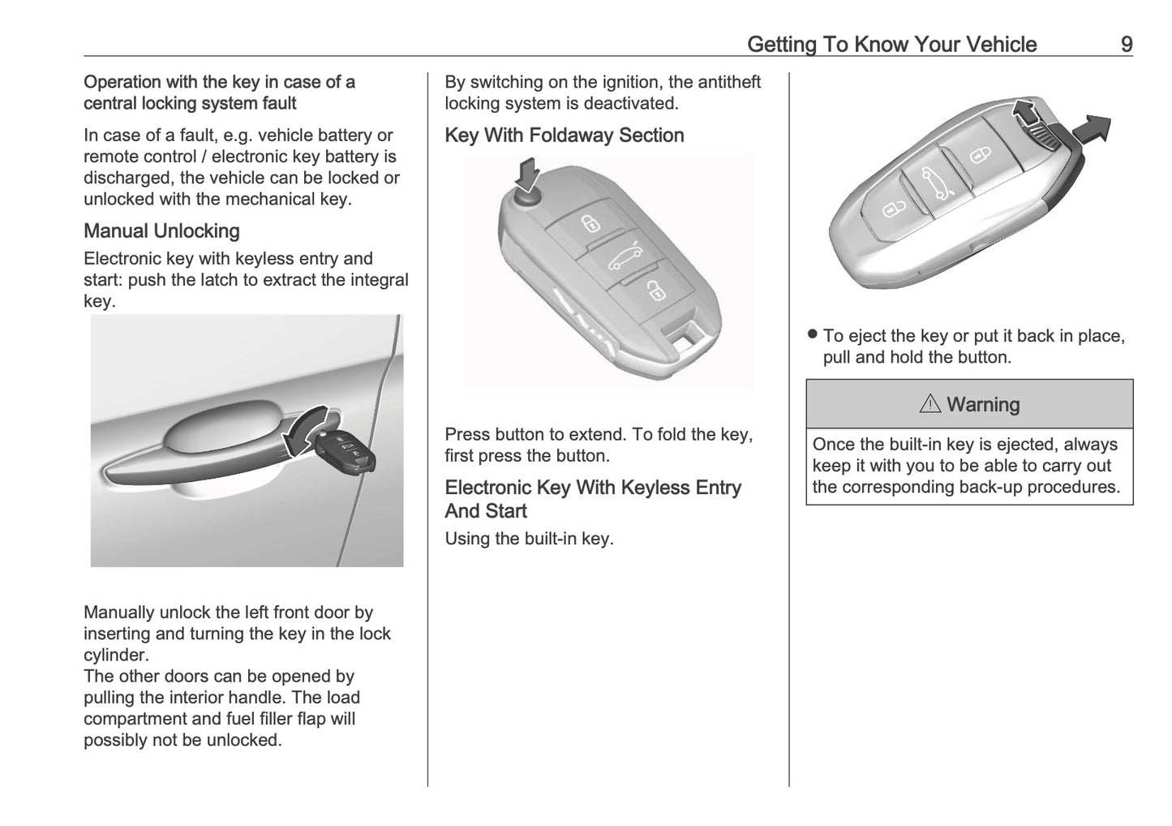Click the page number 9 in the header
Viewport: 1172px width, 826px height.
coord(1126,44)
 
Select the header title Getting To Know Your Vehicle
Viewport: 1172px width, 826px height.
coord(891,44)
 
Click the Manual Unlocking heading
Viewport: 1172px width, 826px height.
coord(161,231)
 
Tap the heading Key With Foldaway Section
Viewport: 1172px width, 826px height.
coord(564,136)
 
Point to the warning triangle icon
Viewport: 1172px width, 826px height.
coord(929,404)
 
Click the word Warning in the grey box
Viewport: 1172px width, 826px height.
coord(983,404)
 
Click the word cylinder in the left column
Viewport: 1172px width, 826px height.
coord(115,655)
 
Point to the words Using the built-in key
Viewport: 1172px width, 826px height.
coord(529,538)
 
